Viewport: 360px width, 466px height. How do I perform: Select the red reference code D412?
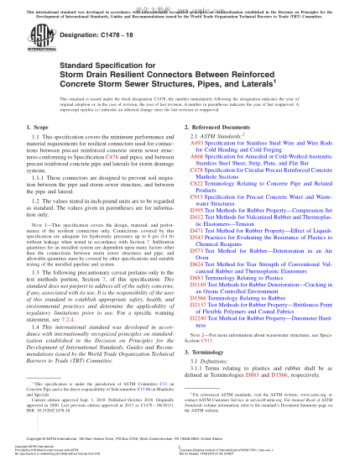point(199,241)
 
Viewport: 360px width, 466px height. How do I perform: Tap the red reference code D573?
point(199,274)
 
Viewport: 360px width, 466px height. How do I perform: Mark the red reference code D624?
point(199,287)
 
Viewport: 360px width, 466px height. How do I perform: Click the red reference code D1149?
point(201,307)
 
